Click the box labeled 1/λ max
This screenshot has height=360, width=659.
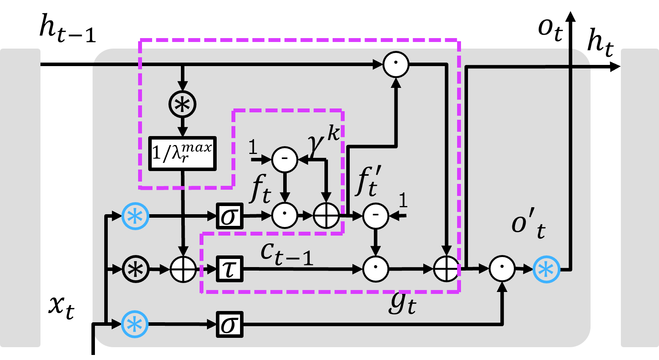click(182, 154)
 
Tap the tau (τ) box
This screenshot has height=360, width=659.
click(230, 269)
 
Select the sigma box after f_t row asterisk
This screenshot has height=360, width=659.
click(230, 216)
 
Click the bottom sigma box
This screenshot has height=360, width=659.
click(230, 324)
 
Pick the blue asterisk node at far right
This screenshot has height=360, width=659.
click(546, 269)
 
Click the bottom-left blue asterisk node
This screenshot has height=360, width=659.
click(135, 324)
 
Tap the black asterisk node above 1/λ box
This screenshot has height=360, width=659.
click(182, 104)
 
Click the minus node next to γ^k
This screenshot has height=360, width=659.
click(284, 159)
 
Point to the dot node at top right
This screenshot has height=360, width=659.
click(396, 65)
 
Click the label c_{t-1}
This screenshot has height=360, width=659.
click(287, 253)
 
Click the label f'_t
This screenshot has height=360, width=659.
click(368, 181)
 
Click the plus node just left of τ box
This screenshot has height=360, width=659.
click(183, 269)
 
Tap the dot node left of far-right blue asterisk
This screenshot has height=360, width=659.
click(502, 269)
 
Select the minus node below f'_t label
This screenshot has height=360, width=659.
click(376, 216)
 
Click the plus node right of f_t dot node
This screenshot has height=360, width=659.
click(326, 216)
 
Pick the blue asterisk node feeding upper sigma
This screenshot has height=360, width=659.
click(135, 216)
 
